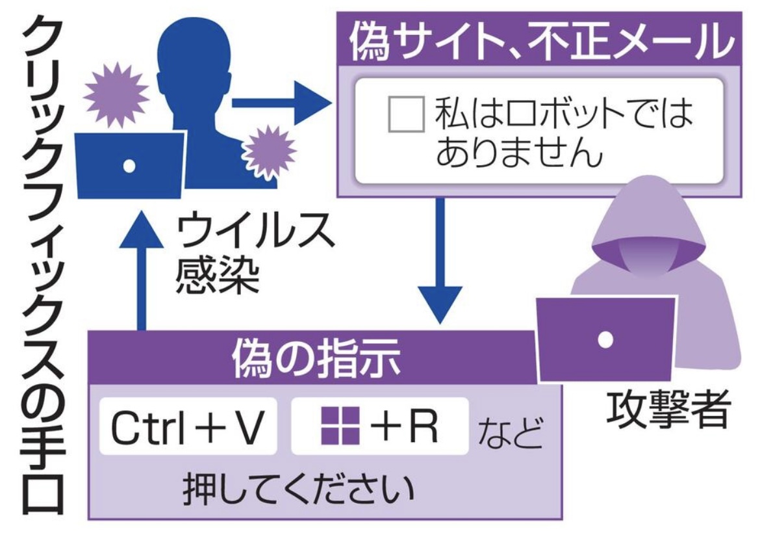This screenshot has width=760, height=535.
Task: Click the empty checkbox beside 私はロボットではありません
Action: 407,114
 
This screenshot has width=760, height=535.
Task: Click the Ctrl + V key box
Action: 188,426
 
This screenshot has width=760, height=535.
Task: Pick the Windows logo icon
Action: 340,425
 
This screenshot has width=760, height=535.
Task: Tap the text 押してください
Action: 298,489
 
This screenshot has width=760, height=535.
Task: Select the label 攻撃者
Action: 668,410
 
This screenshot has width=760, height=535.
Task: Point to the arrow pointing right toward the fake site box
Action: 281,103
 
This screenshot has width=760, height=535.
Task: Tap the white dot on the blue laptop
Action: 129,166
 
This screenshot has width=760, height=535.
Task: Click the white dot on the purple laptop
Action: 605,339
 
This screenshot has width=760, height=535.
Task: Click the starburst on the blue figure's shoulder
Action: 268,152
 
